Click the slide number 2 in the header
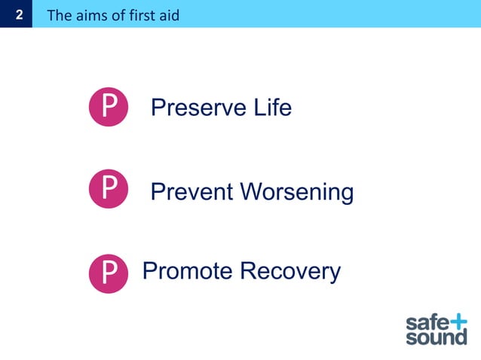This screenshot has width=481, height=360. [x=16, y=14]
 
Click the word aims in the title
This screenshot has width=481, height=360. [x=90, y=15]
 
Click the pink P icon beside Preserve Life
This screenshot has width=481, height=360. [x=109, y=108]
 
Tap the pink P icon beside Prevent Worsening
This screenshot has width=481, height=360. [x=109, y=189]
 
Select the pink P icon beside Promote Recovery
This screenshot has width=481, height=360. [x=109, y=272]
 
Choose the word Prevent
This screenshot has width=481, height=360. [x=192, y=192]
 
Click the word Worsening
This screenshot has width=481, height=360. [x=297, y=192]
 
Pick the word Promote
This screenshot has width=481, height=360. [x=188, y=271]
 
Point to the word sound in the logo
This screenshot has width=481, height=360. [x=437, y=338]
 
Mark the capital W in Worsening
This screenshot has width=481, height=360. [x=253, y=192]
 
